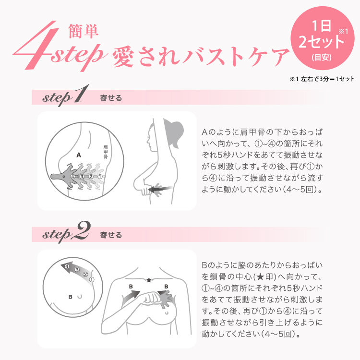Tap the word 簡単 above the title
pos(84,31)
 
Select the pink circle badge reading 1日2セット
pos(323,38)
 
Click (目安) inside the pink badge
pos(322,57)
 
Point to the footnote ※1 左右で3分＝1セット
pos(322,79)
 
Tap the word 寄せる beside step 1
pos(111,98)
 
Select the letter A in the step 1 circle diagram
pos(79,155)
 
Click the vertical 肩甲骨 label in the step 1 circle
pos(106,152)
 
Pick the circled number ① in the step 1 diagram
pos(100,177)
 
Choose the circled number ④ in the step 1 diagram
pos(72,177)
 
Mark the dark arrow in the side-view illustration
pos(160,189)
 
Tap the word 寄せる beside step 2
pos(111,235)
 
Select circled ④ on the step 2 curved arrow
pos(67,266)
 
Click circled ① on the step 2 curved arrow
pos(92,279)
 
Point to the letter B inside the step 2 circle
pos(71,297)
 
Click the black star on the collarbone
pos(149,280)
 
